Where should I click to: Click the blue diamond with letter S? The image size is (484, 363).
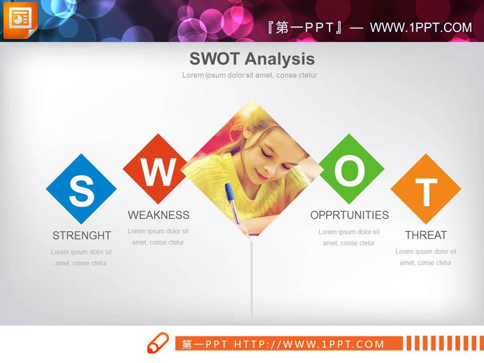click(x=81, y=190)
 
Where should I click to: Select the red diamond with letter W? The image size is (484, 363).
click(x=158, y=170)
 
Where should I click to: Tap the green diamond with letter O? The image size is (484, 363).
click(x=351, y=170)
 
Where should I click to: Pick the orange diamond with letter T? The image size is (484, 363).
click(x=426, y=190)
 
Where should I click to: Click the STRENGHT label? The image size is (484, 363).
click(x=82, y=235)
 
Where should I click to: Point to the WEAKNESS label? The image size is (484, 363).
click(x=158, y=215)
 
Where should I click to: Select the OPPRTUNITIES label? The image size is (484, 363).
click(x=349, y=215)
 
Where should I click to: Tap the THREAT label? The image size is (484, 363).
click(x=426, y=235)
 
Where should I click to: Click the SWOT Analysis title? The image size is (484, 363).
click(x=252, y=59)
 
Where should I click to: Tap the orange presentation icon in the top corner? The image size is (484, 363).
click(x=20, y=20)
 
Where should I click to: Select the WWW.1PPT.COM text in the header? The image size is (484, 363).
click(x=421, y=27)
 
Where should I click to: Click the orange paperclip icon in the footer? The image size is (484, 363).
click(x=158, y=343)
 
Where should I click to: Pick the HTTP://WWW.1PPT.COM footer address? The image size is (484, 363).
click(x=309, y=344)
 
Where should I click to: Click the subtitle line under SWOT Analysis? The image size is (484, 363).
click(x=249, y=75)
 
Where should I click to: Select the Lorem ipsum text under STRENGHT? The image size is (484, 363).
click(x=81, y=257)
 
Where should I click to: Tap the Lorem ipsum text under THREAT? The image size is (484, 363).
click(x=426, y=257)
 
